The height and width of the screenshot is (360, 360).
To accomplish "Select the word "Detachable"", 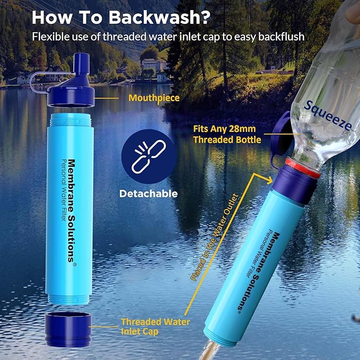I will click(x=148, y=194).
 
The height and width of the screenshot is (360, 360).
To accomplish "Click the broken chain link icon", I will click(x=148, y=156).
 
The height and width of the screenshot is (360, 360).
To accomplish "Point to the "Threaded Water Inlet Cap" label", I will click(x=155, y=327).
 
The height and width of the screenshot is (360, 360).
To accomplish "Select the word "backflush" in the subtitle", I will click(x=284, y=37).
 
